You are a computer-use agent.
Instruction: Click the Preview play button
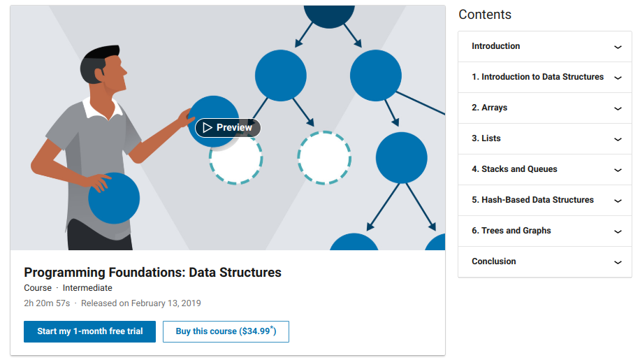click(x=228, y=128)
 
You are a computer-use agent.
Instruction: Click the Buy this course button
click(x=226, y=331)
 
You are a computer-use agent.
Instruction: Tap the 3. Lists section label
click(x=486, y=138)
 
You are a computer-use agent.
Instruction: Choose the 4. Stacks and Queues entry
click(x=514, y=169)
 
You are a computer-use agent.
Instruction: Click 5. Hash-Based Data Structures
click(x=532, y=200)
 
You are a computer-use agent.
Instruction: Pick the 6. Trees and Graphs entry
click(x=511, y=231)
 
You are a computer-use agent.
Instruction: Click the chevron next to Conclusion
click(x=618, y=262)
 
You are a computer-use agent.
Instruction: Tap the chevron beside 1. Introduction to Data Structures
click(x=618, y=78)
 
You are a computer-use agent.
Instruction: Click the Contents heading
click(x=485, y=15)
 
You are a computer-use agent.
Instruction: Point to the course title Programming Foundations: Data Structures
click(x=152, y=272)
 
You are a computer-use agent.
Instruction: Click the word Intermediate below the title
click(x=87, y=288)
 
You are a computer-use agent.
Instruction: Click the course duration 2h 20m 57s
click(x=47, y=303)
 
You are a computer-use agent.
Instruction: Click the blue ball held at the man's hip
click(x=115, y=199)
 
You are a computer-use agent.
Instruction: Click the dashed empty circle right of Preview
click(x=324, y=157)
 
